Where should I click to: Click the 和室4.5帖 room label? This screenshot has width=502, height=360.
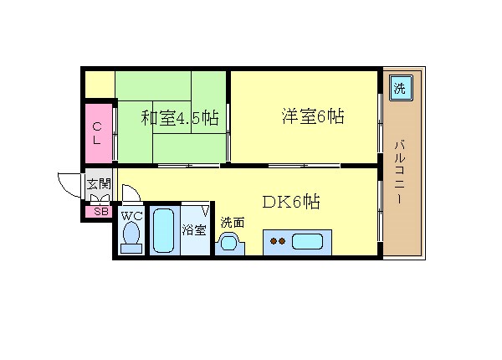(x=180, y=118)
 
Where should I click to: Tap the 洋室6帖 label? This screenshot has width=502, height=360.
(x=313, y=116)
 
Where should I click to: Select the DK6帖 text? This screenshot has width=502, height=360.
(x=291, y=202)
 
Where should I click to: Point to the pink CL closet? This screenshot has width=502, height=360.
(x=99, y=133)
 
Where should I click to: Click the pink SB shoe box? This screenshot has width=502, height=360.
(x=98, y=211)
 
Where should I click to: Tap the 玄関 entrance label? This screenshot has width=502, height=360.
(x=99, y=184)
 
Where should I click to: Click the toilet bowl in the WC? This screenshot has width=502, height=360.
(x=131, y=234)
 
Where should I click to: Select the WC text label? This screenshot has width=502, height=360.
(x=131, y=216)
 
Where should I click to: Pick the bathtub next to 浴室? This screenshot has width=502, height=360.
(x=164, y=230)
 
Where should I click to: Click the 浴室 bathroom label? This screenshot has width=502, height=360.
(x=194, y=230)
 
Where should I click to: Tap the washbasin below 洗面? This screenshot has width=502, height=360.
(x=229, y=243)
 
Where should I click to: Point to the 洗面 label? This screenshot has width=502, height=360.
(x=233, y=222)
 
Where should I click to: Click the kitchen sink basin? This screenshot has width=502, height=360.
(x=307, y=241)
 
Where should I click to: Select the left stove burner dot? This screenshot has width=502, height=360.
(x=274, y=241)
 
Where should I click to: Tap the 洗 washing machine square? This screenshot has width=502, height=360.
(x=400, y=87)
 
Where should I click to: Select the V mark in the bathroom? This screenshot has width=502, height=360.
(x=206, y=211)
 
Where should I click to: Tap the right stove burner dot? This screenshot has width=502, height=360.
(x=282, y=241)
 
